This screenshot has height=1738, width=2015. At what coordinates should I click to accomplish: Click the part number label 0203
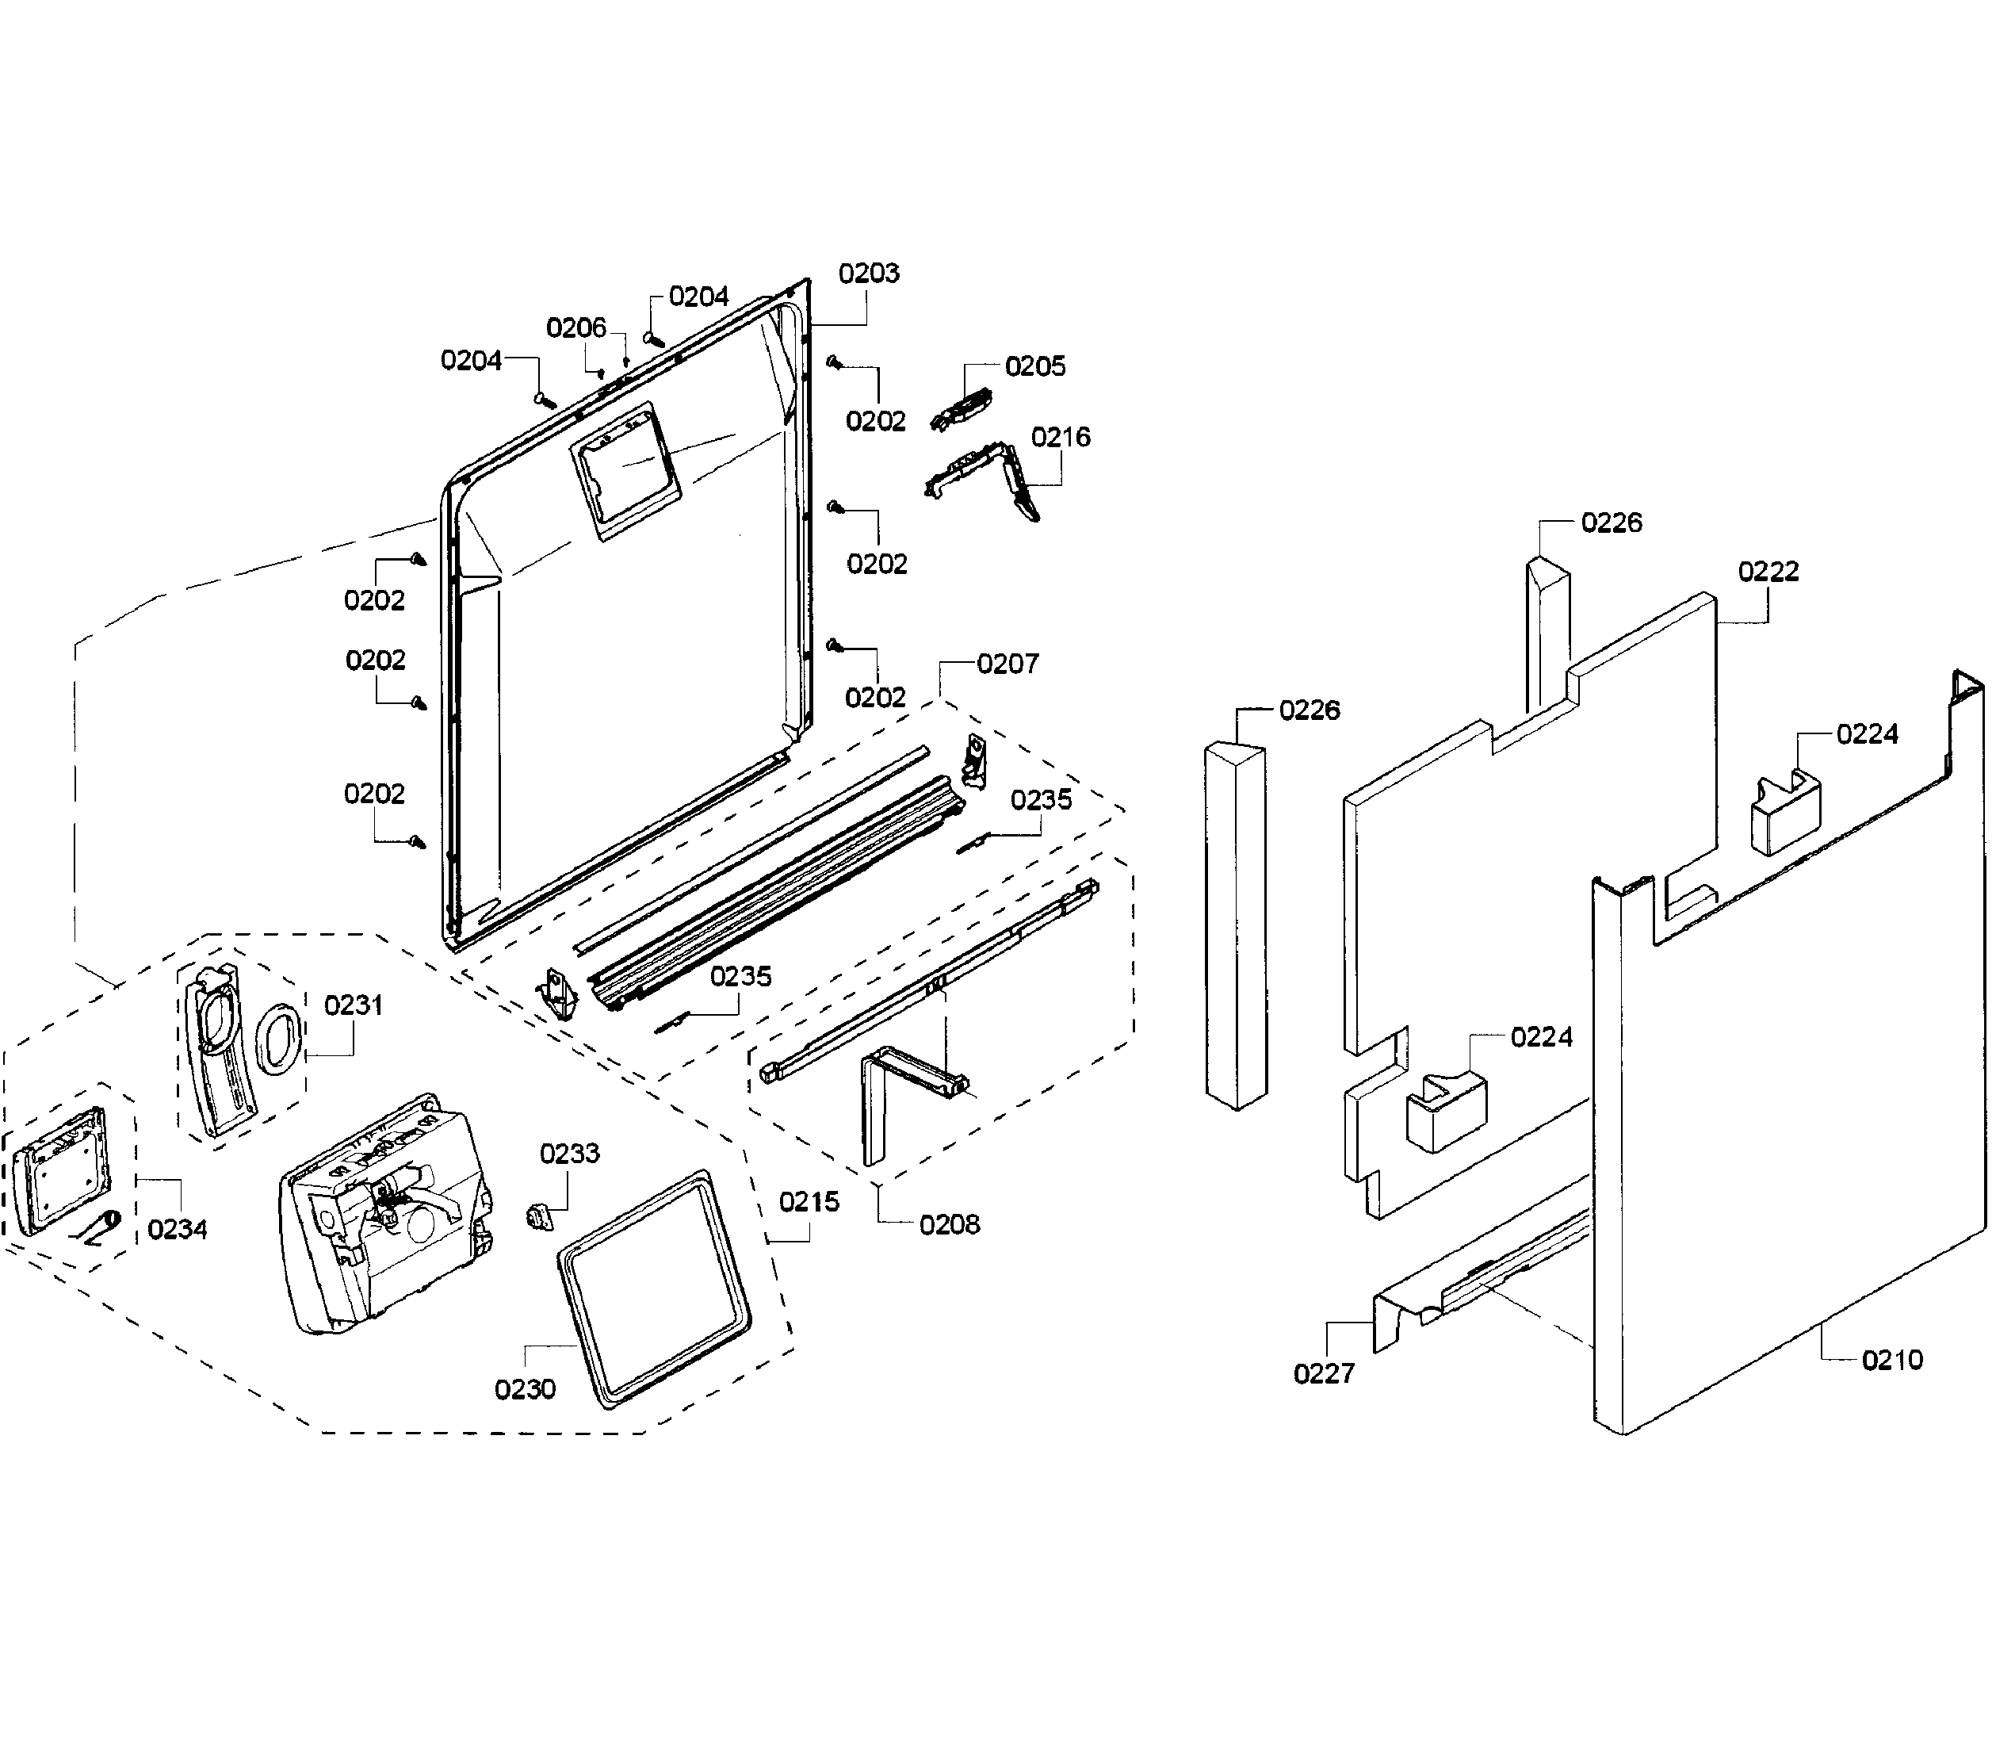(x=869, y=274)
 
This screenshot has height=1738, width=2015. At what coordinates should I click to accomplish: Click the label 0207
(x=1007, y=664)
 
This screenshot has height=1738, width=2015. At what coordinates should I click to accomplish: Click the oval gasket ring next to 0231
(x=279, y=1039)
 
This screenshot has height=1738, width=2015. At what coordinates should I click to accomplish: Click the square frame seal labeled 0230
(x=653, y=1286)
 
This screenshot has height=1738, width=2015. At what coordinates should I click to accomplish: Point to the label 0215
(x=809, y=1202)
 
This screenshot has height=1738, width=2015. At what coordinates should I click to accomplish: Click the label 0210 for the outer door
(x=1891, y=1360)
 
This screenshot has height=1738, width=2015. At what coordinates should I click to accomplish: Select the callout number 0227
(x=1324, y=1373)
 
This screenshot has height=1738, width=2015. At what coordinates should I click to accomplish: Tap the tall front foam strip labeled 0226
(x=1236, y=924)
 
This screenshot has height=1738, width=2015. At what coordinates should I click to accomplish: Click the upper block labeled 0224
(x=1785, y=811)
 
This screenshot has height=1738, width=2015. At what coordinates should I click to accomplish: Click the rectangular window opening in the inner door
(x=622, y=471)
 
